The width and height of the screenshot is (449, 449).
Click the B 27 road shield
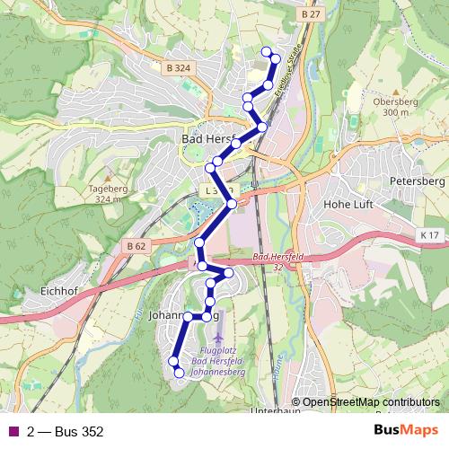312,15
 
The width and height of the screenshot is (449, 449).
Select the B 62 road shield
136,245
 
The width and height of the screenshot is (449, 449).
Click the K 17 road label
430,235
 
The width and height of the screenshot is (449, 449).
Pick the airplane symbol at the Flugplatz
221,321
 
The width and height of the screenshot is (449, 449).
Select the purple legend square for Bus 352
13,432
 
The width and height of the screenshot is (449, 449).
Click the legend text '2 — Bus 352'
65,432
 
